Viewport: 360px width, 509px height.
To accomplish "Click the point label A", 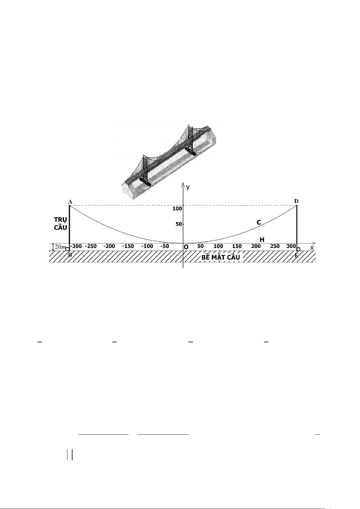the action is tap(70, 202).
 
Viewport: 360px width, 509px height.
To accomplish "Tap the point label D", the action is tap(296, 201).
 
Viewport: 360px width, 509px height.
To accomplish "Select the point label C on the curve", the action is tap(259, 222).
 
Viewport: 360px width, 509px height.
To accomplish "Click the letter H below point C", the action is tap(262, 240).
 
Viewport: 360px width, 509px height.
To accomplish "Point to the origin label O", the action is tap(186, 247).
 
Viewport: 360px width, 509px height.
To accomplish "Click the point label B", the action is tap(70, 255).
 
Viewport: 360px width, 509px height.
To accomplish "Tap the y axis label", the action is tap(188, 187).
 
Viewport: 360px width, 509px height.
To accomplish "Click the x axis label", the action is tap(312, 248).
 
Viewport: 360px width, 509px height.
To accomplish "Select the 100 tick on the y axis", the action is tap(177, 209).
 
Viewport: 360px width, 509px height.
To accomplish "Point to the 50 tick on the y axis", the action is tap(179, 224).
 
